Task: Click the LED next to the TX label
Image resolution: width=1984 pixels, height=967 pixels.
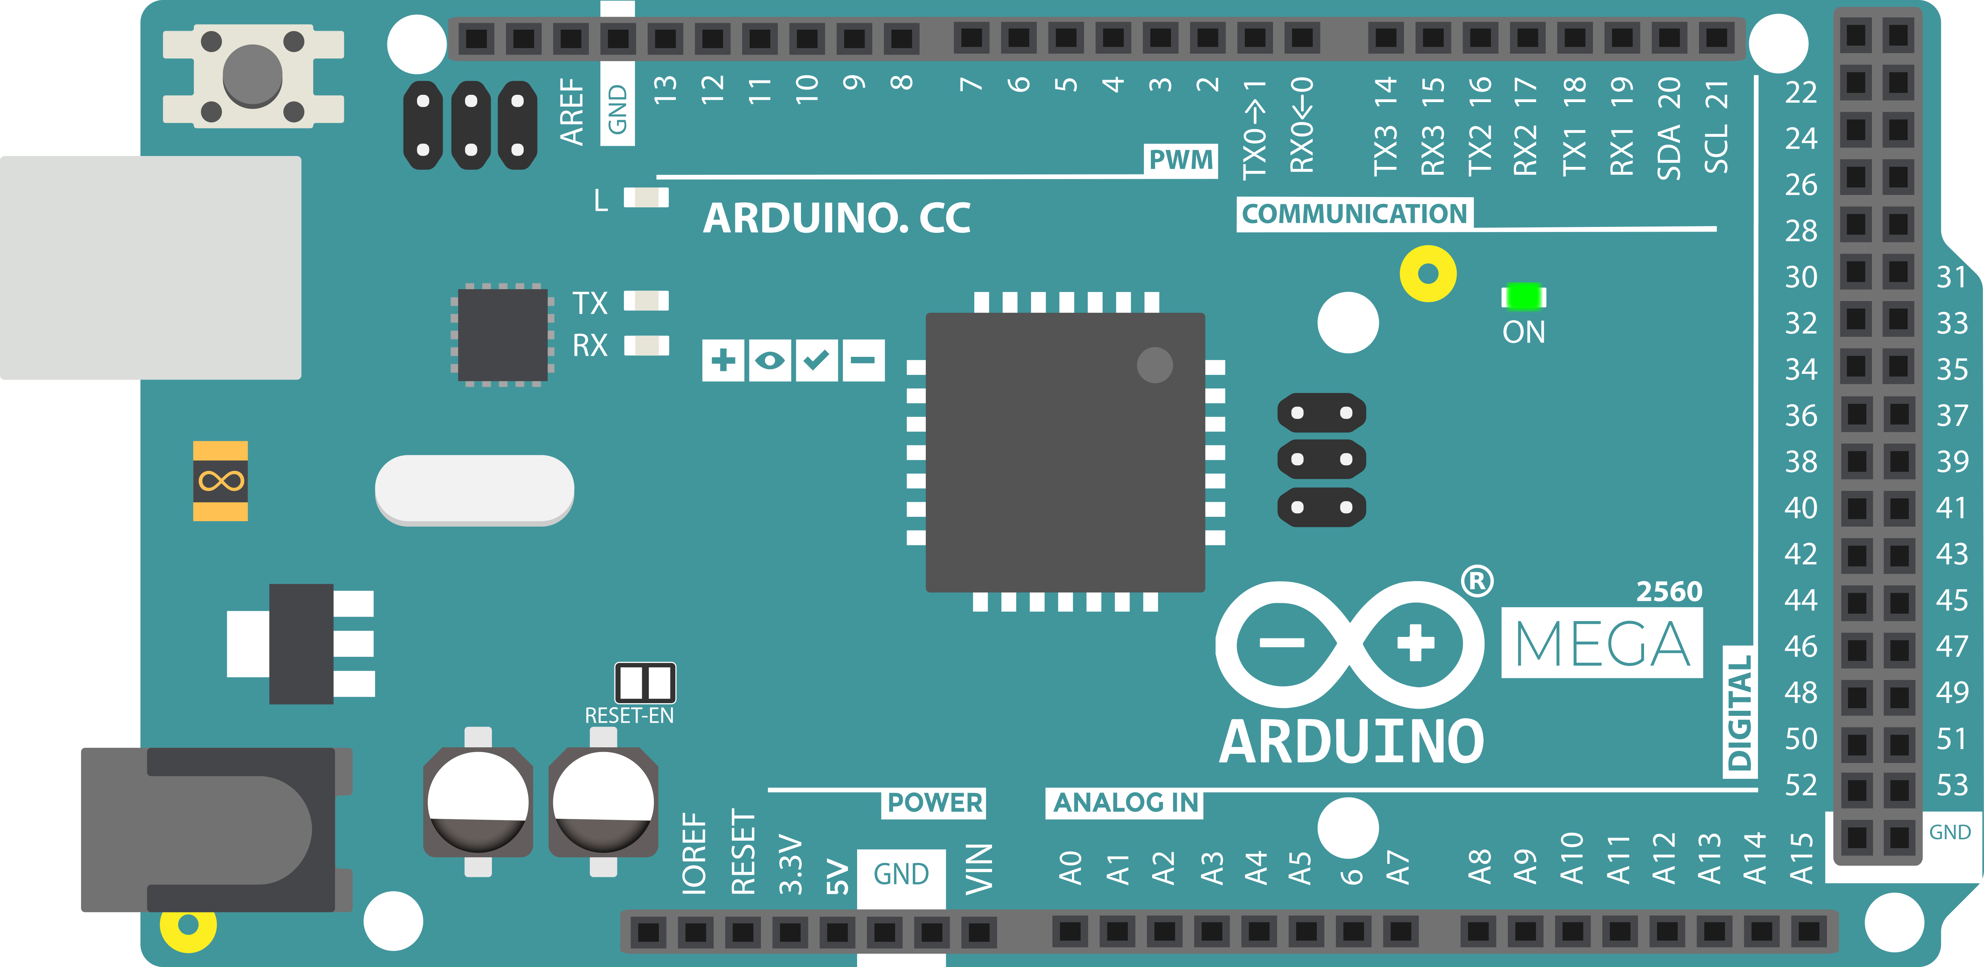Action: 646,300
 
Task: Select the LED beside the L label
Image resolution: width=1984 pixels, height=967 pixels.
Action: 646,198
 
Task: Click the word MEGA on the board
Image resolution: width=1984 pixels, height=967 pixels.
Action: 1602,644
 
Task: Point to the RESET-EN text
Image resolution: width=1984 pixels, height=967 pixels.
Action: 629,716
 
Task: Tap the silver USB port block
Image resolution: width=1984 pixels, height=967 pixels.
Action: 150,267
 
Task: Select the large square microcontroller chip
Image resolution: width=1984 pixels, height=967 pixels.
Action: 1065,452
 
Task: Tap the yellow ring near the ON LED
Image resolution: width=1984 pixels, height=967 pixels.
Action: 1428,274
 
